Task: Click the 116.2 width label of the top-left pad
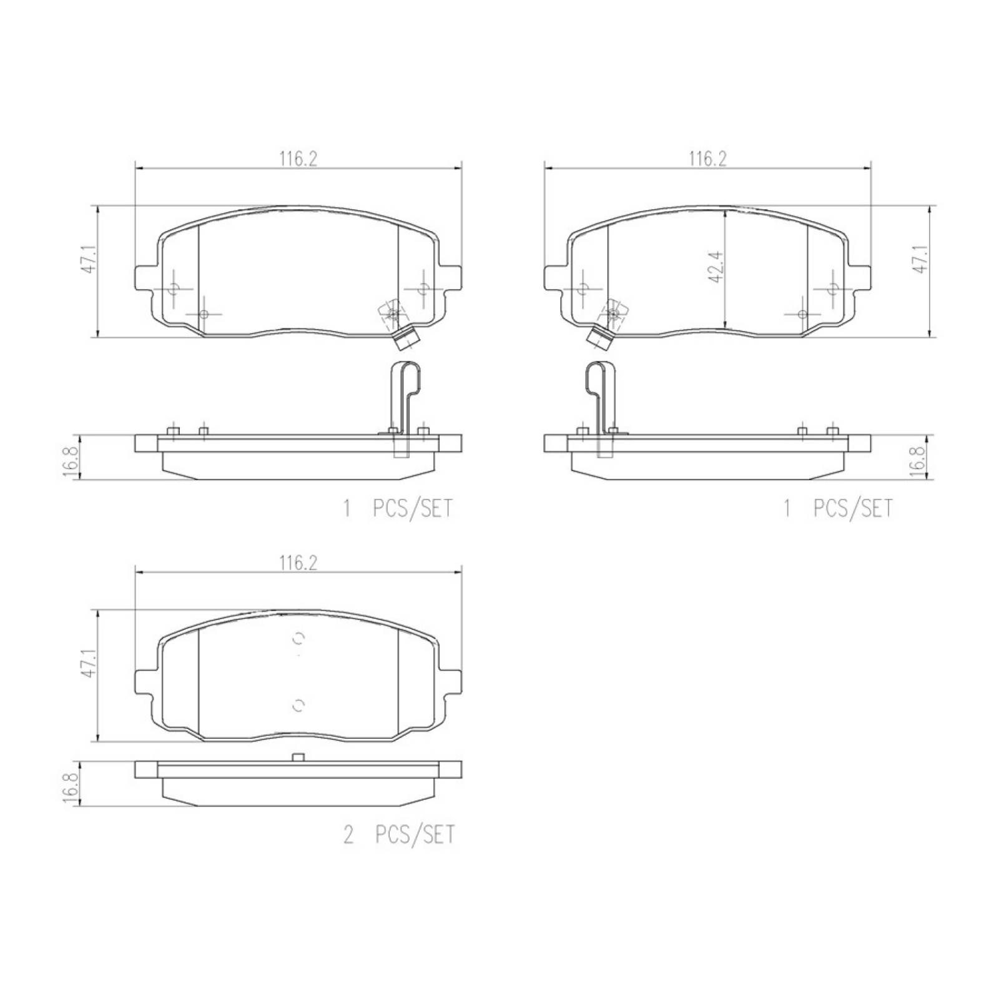point(298,159)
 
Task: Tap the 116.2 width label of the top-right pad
point(707,159)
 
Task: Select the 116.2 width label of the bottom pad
point(298,563)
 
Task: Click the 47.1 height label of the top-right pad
point(921,258)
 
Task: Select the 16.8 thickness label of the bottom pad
point(71,789)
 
